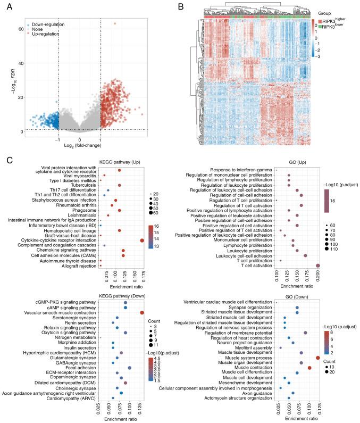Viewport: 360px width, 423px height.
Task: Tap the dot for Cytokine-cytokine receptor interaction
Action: tap(142, 240)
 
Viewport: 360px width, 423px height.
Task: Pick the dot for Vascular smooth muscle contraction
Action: tap(142, 313)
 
